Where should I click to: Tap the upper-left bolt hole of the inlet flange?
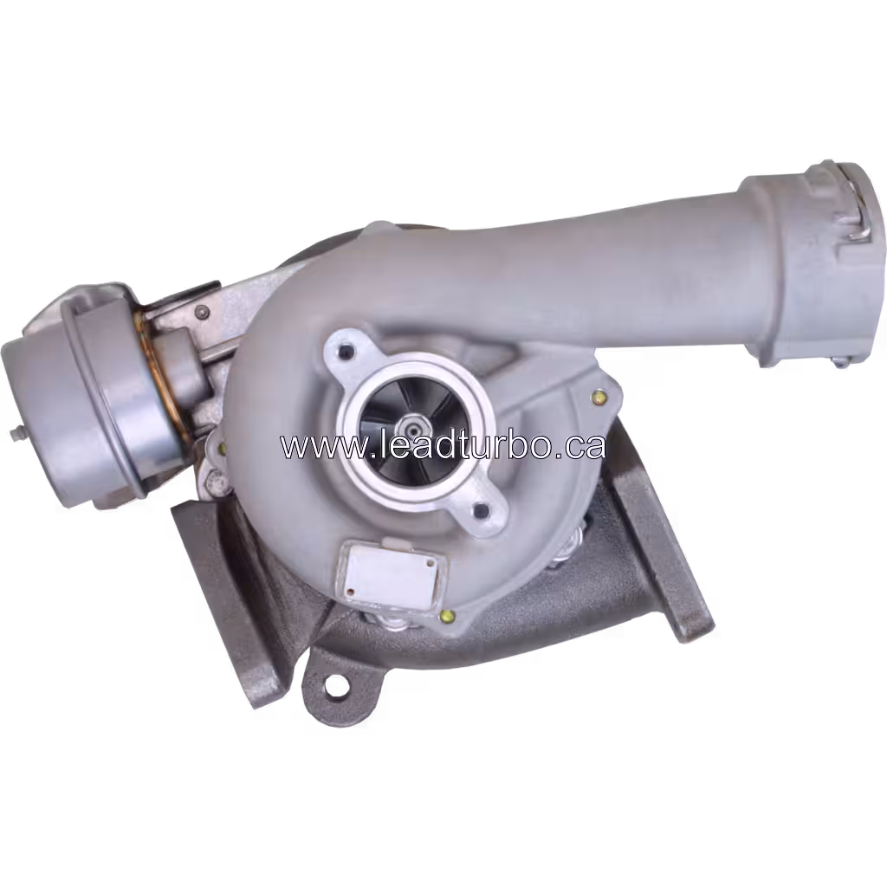point(348,352)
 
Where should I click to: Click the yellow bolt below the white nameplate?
point(447,616)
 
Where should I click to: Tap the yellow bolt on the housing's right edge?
point(598,398)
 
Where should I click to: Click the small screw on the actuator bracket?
point(203,312)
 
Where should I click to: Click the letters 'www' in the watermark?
point(312,447)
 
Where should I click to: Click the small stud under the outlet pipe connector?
point(840,362)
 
